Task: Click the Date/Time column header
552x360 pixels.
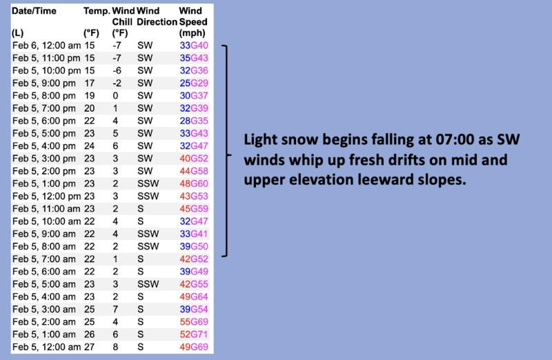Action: [34, 11]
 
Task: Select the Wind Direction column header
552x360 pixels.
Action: [157, 17]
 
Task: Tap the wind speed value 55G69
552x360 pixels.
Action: [194, 321]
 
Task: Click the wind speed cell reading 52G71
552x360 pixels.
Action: [194, 334]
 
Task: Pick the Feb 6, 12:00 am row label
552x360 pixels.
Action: [46, 46]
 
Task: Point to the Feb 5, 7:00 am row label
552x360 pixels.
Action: [44, 259]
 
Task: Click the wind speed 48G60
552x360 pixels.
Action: [194, 183]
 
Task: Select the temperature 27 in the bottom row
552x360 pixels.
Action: [90, 347]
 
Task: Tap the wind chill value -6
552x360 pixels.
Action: [117, 70]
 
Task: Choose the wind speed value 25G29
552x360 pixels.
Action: [194, 83]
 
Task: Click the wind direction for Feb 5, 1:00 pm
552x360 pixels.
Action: [148, 183]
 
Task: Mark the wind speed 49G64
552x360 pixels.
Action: [194, 297]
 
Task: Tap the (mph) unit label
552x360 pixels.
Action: [193, 32]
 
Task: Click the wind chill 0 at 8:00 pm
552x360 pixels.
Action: [115, 96]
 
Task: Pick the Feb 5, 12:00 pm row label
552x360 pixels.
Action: [46, 196]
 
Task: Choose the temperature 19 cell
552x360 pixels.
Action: [90, 96]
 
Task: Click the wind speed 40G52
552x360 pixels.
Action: [194, 159]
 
